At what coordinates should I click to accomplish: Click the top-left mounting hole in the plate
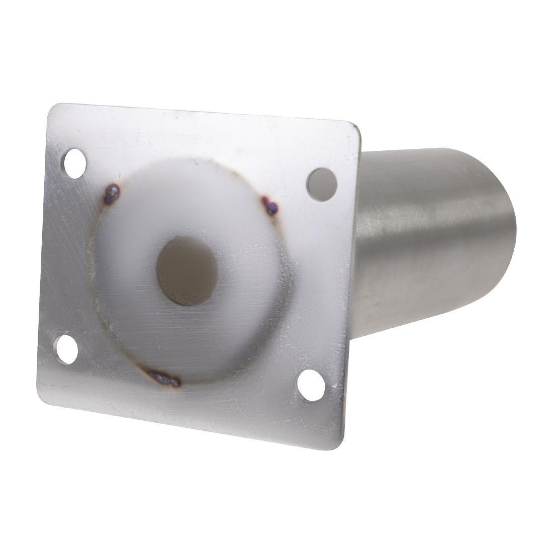[74, 163]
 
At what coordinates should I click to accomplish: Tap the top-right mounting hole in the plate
[322, 185]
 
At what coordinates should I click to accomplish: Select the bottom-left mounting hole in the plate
[66, 349]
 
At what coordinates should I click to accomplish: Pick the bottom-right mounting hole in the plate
[311, 385]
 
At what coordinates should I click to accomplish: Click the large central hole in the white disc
[187, 271]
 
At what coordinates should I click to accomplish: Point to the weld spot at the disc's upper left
[112, 194]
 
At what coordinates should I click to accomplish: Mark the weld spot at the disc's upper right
[270, 205]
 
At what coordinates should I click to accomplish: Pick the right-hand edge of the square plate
[351, 287]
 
